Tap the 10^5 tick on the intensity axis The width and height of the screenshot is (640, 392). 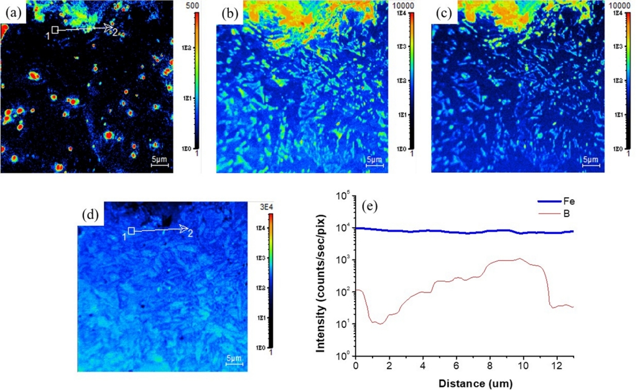(x=343, y=196)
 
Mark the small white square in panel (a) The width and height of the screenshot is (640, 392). (x=55, y=29)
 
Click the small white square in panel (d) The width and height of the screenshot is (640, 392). (x=131, y=231)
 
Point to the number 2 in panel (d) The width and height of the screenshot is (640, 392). (x=191, y=233)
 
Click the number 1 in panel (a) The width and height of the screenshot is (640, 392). (x=47, y=35)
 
